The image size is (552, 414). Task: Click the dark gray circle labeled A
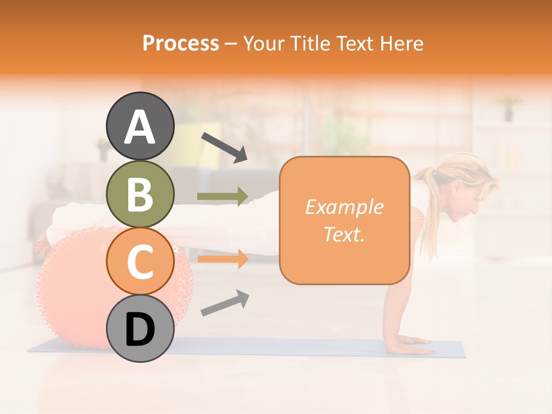(140, 126)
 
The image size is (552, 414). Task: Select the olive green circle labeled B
(140, 194)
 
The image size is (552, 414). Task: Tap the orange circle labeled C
(140, 261)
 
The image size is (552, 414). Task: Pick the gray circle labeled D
(140, 328)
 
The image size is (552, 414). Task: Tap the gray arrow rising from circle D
(225, 303)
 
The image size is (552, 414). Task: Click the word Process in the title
(181, 43)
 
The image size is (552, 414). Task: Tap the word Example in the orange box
(344, 207)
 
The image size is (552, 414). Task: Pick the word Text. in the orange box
(344, 234)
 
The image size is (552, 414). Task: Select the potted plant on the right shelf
(508, 108)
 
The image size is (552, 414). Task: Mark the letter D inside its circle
(140, 330)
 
